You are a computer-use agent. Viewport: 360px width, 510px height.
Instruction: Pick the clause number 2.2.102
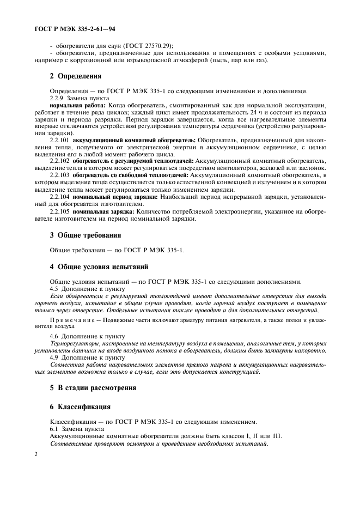(x=59, y=161)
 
